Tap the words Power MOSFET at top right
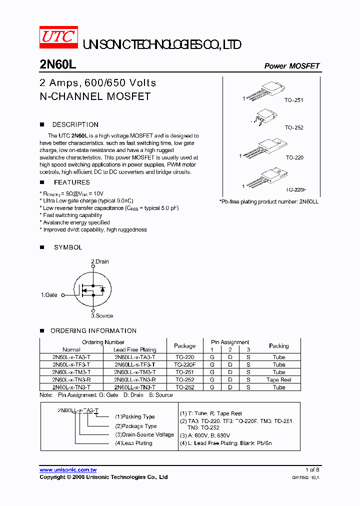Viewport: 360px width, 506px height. click(291, 66)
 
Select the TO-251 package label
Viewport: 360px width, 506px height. click(294, 100)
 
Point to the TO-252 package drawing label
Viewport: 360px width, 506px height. click(294, 127)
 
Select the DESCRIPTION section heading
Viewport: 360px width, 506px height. click(75, 124)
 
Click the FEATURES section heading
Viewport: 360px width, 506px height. click(71, 182)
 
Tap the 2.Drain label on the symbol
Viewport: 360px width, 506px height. click(99, 261)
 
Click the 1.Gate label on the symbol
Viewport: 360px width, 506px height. click(49, 295)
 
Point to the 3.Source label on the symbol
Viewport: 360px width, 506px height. click(101, 315)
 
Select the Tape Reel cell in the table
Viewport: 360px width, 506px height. click(278, 379)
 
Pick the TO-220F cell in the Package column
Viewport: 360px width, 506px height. click(184, 364)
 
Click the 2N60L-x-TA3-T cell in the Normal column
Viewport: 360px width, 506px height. click(71, 357)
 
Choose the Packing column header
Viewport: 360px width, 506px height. click(278, 345)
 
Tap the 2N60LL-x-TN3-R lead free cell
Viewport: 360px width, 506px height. click(134, 379)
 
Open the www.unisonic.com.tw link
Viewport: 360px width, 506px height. click(68, 469)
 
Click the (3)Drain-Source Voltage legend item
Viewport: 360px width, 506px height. click(144, 434)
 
